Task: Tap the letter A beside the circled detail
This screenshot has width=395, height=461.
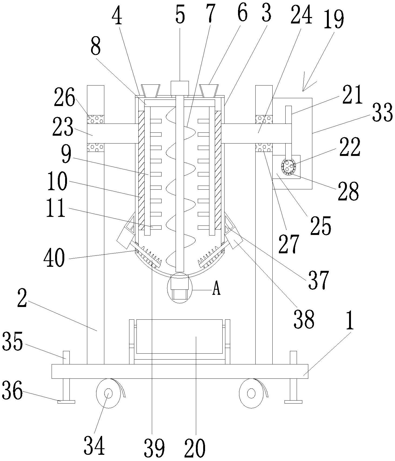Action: click(x=216, y=289)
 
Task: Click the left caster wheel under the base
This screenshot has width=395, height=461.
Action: click(x=108, y=393)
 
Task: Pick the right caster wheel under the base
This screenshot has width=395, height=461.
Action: click(x=251, y=393)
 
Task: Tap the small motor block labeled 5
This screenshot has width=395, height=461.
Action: click(x=180, y=88)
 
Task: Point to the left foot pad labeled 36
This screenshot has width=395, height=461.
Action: click(x=66, y=402)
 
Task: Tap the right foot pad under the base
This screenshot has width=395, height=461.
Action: click(x=293, y=402)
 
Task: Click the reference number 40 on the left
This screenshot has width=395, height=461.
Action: click(x=54, y=258)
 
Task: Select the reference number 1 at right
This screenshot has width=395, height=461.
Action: click(x=350, y=321)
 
